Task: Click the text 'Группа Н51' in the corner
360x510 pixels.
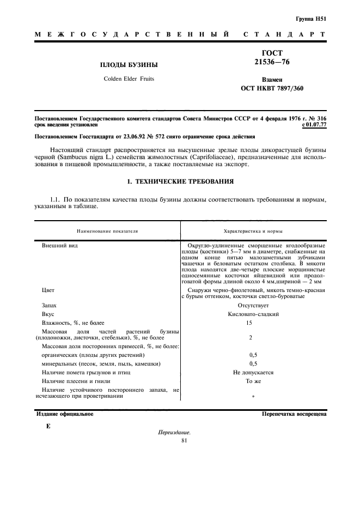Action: [310, 19]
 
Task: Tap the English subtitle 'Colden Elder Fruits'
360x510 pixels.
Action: [129, 79]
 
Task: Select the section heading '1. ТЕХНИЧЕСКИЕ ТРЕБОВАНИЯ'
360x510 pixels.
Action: [180, 181]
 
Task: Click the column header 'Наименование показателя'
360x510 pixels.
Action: [107, 231]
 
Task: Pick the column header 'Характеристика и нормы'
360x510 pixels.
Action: [253, 231]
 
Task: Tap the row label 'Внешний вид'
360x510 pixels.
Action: [59, 246]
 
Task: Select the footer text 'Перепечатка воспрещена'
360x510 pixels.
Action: [294, 414]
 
